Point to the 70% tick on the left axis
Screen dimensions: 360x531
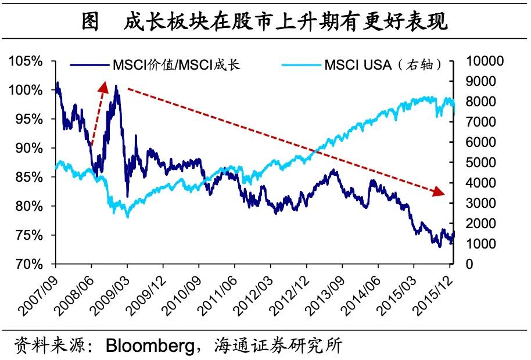point(28,264)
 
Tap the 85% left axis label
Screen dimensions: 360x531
point(28,177)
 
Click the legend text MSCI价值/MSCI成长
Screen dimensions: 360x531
point(177,64)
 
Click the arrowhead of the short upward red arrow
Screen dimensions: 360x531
point(104,86)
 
